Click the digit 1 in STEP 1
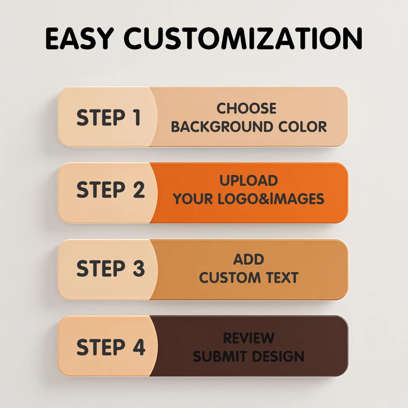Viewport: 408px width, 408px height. (x=136, y=117)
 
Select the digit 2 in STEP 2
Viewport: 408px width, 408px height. (x=139, y=190)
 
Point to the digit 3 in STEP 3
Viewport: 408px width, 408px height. (x=139, y=268)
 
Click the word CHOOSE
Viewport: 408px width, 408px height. (x=246, y=108)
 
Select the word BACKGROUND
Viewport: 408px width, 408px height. (x=222, y=127)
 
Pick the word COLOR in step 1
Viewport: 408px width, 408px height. (x=302, y=127)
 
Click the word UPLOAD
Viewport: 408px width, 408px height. (x=249, y=181)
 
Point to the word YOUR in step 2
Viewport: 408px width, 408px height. (x=193, y=199)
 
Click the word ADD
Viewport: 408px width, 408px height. (x=249, y=259)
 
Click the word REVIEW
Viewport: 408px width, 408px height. (x=249, y=338)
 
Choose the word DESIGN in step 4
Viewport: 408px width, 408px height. (x=278, y=356)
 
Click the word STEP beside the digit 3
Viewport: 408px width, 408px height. (x=101, y=268)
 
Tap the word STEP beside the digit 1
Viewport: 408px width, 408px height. (x=101, y=117)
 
